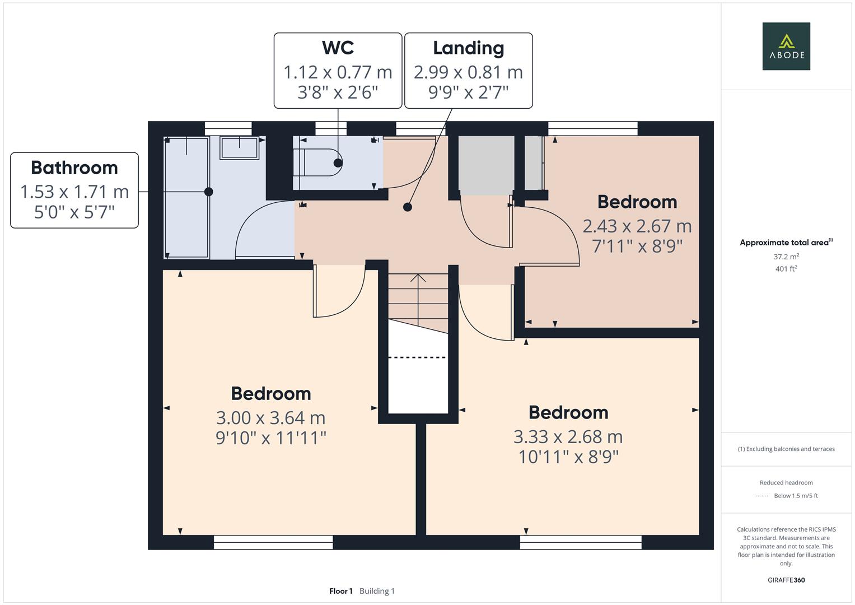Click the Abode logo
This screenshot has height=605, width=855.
pos(786,46)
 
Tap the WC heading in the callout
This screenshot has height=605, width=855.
pos(338,48)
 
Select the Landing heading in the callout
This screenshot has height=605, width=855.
pos(468,49)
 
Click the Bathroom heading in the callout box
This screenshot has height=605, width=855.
pos(74,167)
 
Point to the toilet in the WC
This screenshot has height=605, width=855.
pos(319,162)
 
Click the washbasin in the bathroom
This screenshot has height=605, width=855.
pos(239,148)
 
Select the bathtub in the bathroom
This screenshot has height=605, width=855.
pos(186,197)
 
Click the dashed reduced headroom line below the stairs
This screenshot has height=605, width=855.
pos(417,357)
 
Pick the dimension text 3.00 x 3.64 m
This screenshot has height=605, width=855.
pos(270,418)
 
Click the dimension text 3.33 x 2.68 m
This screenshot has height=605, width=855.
pos(568,436)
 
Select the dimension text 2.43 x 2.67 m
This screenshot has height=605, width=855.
pos(637,226)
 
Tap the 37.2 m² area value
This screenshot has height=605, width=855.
pos(786,257)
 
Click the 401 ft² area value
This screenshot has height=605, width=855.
pos(786,268)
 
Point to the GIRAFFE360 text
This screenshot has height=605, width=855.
pos(786,580)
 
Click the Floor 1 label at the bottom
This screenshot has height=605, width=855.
pos(341,591)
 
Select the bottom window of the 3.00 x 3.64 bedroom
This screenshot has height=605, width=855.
pos(273,542)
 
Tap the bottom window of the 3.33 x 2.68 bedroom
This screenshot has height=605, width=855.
pos(581,542)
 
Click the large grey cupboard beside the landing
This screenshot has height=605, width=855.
pos(486,165)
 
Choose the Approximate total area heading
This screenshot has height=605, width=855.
pos(786,242)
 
